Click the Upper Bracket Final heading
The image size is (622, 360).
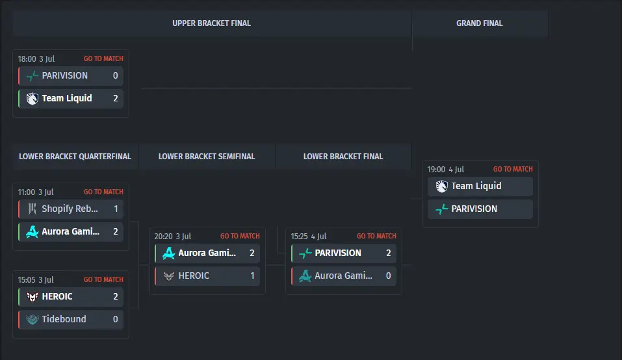tap(211, 23)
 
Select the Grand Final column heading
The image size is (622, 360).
tap(479, 23)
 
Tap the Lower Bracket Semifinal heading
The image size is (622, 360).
tap(207, 157)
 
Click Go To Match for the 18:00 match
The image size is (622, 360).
tap(103, 58)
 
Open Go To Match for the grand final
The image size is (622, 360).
tap(513, 170)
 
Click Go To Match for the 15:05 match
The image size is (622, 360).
tap(103, 279)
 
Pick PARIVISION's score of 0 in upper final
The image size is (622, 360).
tap(116, 76)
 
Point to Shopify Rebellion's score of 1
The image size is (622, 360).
tap(116, 209)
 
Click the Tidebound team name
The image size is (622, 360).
tap(64, 319)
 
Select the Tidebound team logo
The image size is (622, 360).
tap(32, 319)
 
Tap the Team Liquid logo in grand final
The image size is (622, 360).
tap(441, 186)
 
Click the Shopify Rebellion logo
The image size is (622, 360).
tap(32, 209)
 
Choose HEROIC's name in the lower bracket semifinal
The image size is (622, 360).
tap(194, 276)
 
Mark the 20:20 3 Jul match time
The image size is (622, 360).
tap(172, 237)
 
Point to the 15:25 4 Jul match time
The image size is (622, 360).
tap(309, 237)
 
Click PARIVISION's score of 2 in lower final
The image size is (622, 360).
tap(389, 253)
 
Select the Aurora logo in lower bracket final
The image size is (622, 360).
tap(305, 276)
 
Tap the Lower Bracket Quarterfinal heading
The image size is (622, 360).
tap(75, 157)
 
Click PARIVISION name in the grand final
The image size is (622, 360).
tap(474, 209)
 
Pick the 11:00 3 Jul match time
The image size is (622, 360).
tap(36, 192)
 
